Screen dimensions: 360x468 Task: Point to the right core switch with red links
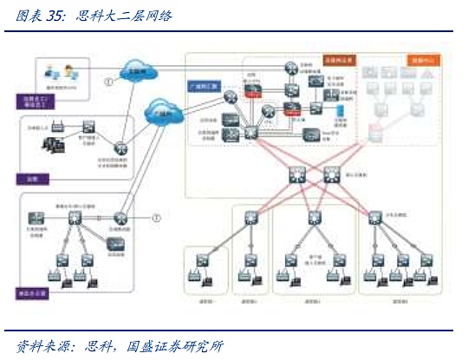point(333,175)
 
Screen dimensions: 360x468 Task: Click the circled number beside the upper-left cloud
point(108,82)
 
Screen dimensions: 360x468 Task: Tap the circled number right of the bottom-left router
point(156,217)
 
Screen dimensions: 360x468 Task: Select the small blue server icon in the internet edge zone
point(340,111)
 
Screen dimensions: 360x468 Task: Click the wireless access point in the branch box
point(56,127)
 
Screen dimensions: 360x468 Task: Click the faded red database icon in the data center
point(374,131)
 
